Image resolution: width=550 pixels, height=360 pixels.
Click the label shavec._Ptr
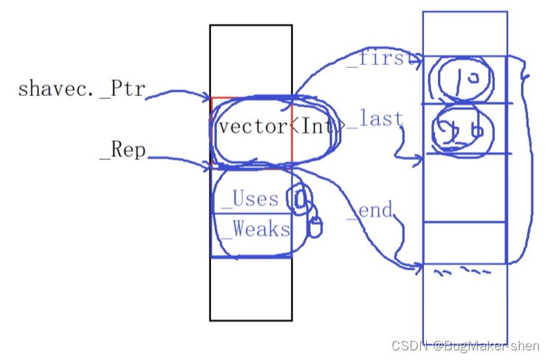coord(82,90)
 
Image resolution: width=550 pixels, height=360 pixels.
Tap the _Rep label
coord(122,152)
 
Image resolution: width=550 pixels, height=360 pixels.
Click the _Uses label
coord(255,198)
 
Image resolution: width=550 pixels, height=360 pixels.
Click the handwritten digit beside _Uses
coord(299,198)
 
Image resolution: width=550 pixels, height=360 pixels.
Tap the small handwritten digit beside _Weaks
coord(315,227)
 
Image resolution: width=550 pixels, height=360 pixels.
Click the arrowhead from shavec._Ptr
coord(209,97)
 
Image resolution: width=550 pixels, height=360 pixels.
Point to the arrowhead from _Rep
coord(209,168)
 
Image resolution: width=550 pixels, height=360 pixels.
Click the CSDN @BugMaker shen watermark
coord(465,346)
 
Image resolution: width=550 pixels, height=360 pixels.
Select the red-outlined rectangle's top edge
coord(251,97)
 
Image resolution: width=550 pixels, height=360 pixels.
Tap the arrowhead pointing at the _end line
coord(419,263)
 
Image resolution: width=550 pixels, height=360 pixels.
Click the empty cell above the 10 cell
coord(464,33)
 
